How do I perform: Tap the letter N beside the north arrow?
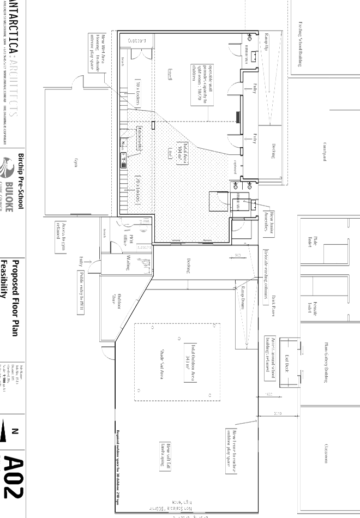point(15,431)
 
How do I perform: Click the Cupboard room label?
point(137,41)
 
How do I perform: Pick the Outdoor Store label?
point(116,297)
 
